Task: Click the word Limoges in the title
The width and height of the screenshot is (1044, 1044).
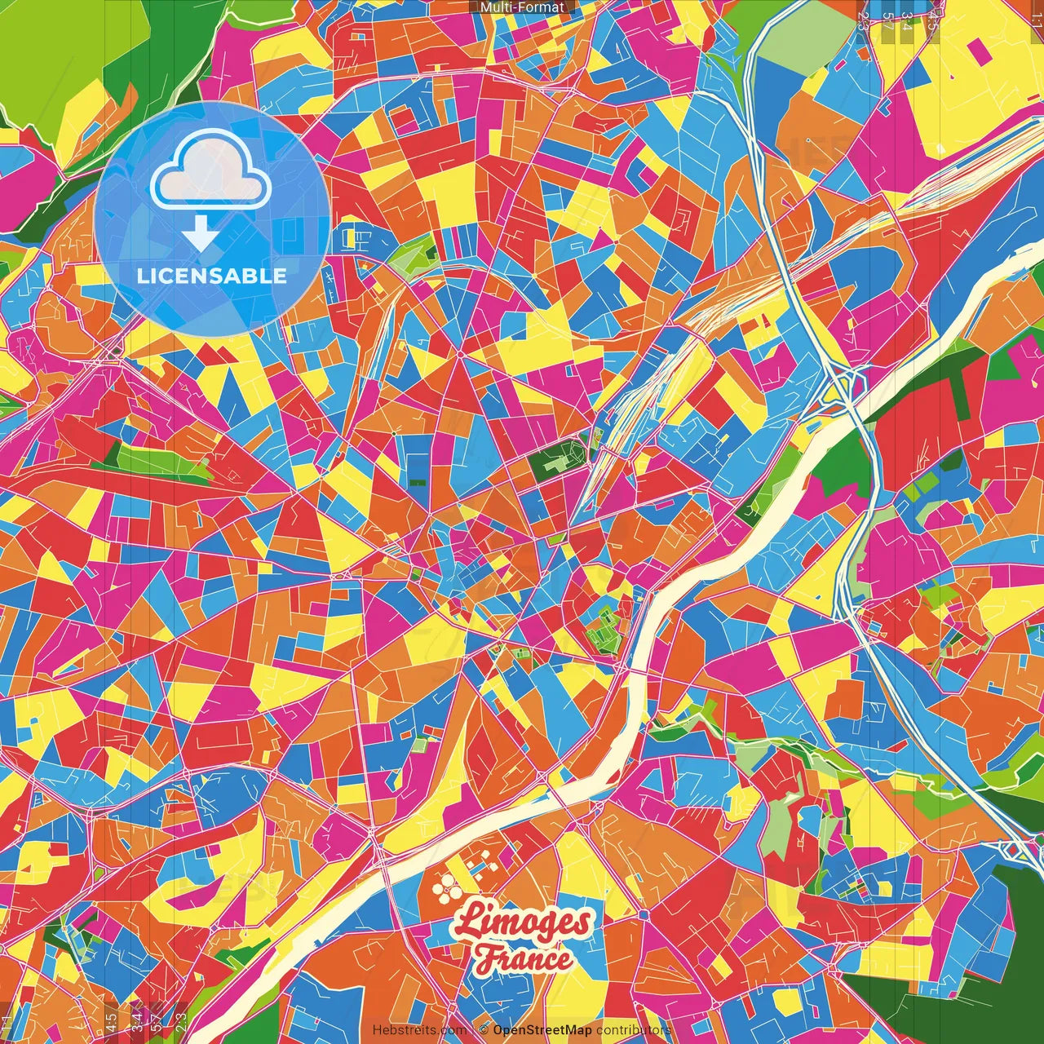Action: click(522, 922)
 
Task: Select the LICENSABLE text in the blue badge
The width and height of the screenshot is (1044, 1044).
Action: click(212, 276)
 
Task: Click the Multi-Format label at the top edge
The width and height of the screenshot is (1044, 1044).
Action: click(522, 7)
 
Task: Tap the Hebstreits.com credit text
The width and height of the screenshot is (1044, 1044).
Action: click(419, 1030)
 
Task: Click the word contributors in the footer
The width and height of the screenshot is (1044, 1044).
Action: click(634, 1030)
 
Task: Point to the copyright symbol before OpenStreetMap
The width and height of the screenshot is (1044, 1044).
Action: click(484, 1030)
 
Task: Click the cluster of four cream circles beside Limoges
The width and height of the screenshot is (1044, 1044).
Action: click(446, 884)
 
